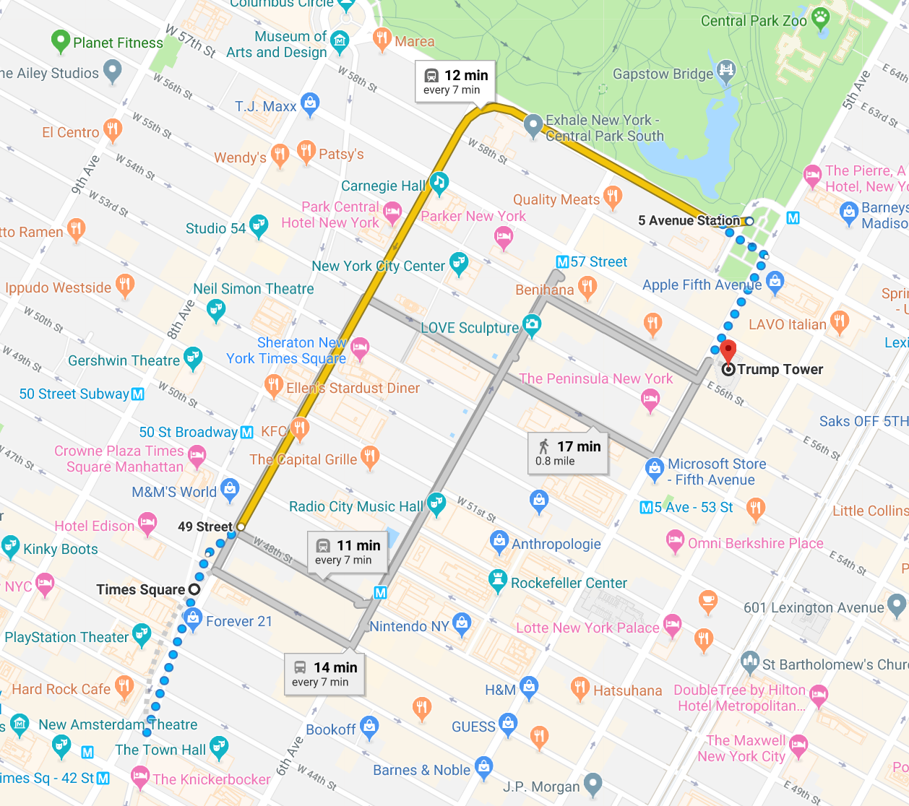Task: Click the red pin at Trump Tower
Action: pyautogui.click(x=728, y=351)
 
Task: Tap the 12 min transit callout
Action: pyautogui.click(x=455, y=82)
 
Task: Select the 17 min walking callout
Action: pyautogui.click(x=569, y=453)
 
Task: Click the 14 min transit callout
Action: pyautogui.click(x=324, y=674)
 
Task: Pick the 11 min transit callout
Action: pyautogui.click(x=348, y=552)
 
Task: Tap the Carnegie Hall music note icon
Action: pyautogui.click(x=439, y=182)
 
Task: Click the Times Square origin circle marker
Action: pyautogui.click(x=194, y=589)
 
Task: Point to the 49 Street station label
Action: pyautogui.click(x=205, y=526)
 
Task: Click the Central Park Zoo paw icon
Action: pyautogui.click(x=820, y=17)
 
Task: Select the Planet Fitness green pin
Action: pyautogui.click(x=61, y=42)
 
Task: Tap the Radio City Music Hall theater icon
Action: pyautogui.click(x=436, y=503)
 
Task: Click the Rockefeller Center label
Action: pyautogui.click(x=569, y=583)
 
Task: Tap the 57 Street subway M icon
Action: pyautogui.click(x=562, y=261)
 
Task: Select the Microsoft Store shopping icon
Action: pyautogui.click(x=655, y=469)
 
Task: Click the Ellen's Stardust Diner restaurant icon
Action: pyautogui.click(x=273, y=385)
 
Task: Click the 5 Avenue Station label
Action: pyautogui.click(x=689, y=220)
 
